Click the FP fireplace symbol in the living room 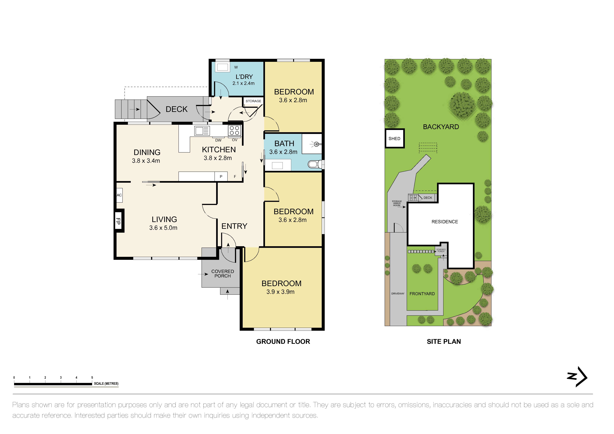click(x=118, y=221)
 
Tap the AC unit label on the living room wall click(x=119, y=195)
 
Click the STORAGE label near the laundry click(x=253, y=101)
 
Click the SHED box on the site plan click(x=394, y=138)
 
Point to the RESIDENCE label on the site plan click(x=444, y=221)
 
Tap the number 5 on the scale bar click(x=92, y=378)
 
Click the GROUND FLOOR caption click(x=283, y=342)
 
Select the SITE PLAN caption click(x=444, y=342)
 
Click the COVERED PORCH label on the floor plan click(x=222, y=274)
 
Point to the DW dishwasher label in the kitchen click(x=218, y=140)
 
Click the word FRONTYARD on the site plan click(x=422, y=294)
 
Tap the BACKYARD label click(x=441, y=127)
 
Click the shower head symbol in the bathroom click(x=316, y=144)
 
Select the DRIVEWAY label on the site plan click(x=398, y=293)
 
